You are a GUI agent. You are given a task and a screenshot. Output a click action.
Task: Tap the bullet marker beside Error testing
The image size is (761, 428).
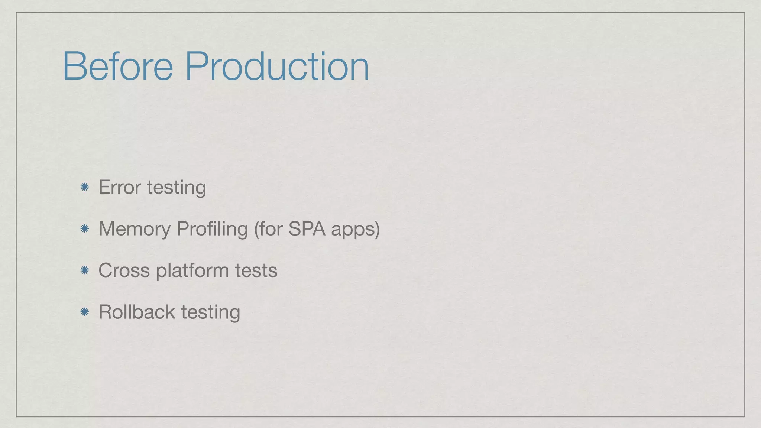[x=85, y=187]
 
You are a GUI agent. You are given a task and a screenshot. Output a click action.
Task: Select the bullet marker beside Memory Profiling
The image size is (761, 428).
[x=85, y=229]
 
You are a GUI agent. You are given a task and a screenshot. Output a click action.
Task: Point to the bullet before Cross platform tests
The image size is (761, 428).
[x=85, y=270]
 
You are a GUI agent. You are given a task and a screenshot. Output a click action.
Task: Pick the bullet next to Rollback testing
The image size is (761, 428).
[x=85, y=312]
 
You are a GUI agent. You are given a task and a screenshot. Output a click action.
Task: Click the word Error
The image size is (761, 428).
[x=120, y=187]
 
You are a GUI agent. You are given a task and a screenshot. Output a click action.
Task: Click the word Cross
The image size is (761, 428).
[x=124, y=270]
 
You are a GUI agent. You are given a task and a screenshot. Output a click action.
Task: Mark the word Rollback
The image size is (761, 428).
[x=136, y=312]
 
